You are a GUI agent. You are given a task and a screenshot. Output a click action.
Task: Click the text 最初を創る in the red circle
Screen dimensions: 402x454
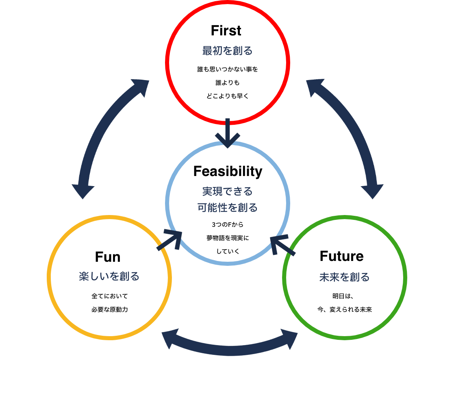click(227, 51)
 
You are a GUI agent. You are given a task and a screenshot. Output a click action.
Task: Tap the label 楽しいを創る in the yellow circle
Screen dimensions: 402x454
click(109, 277)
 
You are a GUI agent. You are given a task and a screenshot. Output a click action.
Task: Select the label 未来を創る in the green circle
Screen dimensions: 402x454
click(344, 277)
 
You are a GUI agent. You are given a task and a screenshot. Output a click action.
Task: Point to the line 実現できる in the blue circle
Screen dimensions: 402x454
click(227, 191)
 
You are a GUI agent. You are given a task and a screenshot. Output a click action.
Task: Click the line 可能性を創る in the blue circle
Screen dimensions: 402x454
click(227, 208)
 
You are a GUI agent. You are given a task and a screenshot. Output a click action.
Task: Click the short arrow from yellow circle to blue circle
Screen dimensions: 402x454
click(170, 240)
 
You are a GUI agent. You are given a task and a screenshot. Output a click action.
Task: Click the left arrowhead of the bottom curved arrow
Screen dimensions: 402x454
click(170, 339)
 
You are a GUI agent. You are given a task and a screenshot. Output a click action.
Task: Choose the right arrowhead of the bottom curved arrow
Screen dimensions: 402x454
click(289, 339)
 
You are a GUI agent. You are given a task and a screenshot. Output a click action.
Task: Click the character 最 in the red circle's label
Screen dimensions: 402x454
click(207, 51)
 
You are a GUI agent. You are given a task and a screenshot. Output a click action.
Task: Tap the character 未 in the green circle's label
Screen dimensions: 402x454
click(324, 277)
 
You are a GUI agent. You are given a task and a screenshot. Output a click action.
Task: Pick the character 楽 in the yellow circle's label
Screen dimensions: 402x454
click(84, 277)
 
